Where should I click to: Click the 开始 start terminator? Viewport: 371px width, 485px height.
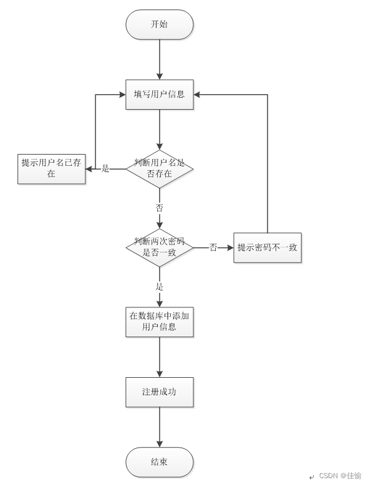click(160, 24)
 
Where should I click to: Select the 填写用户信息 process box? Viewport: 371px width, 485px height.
click(160, 94)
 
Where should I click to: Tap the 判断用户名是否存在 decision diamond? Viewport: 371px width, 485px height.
click(160, 169)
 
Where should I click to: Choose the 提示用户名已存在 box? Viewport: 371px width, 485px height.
click(51, 169)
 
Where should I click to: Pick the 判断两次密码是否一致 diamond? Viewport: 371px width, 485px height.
click(160, 247)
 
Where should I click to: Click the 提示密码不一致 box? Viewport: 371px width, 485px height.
click(267, 247)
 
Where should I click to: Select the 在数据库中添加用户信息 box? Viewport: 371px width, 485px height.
click(160, 322)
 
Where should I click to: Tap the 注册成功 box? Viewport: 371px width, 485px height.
click(160, 392)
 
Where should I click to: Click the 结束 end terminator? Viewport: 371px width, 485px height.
click(160, 462)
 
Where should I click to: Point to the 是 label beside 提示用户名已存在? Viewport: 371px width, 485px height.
click(105, 168)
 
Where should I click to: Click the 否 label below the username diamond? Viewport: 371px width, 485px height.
click(160, 208)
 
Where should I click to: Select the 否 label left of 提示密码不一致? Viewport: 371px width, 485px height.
click(213, 247)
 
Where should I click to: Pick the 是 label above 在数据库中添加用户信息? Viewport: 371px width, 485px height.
click(160, 286)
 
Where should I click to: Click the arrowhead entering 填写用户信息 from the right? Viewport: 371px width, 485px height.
click(197, 94)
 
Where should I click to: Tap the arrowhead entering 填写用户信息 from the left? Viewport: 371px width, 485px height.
click(122, 94)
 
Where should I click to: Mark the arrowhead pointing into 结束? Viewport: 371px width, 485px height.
click(160, 444)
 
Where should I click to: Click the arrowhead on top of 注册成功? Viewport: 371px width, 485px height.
click(160, 373)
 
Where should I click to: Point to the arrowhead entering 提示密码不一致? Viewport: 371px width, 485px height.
click(230, 247)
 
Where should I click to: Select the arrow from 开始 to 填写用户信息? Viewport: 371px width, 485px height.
click(160, 59)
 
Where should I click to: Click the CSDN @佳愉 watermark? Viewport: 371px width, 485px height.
click(340, 476)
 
